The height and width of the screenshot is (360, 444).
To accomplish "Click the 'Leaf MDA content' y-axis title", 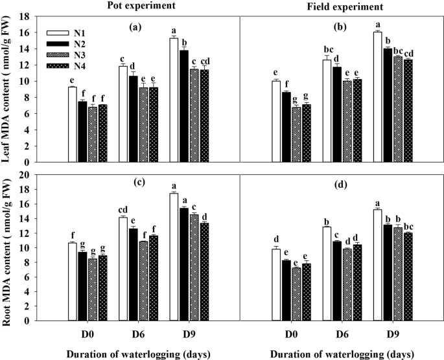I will click(12, 89).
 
